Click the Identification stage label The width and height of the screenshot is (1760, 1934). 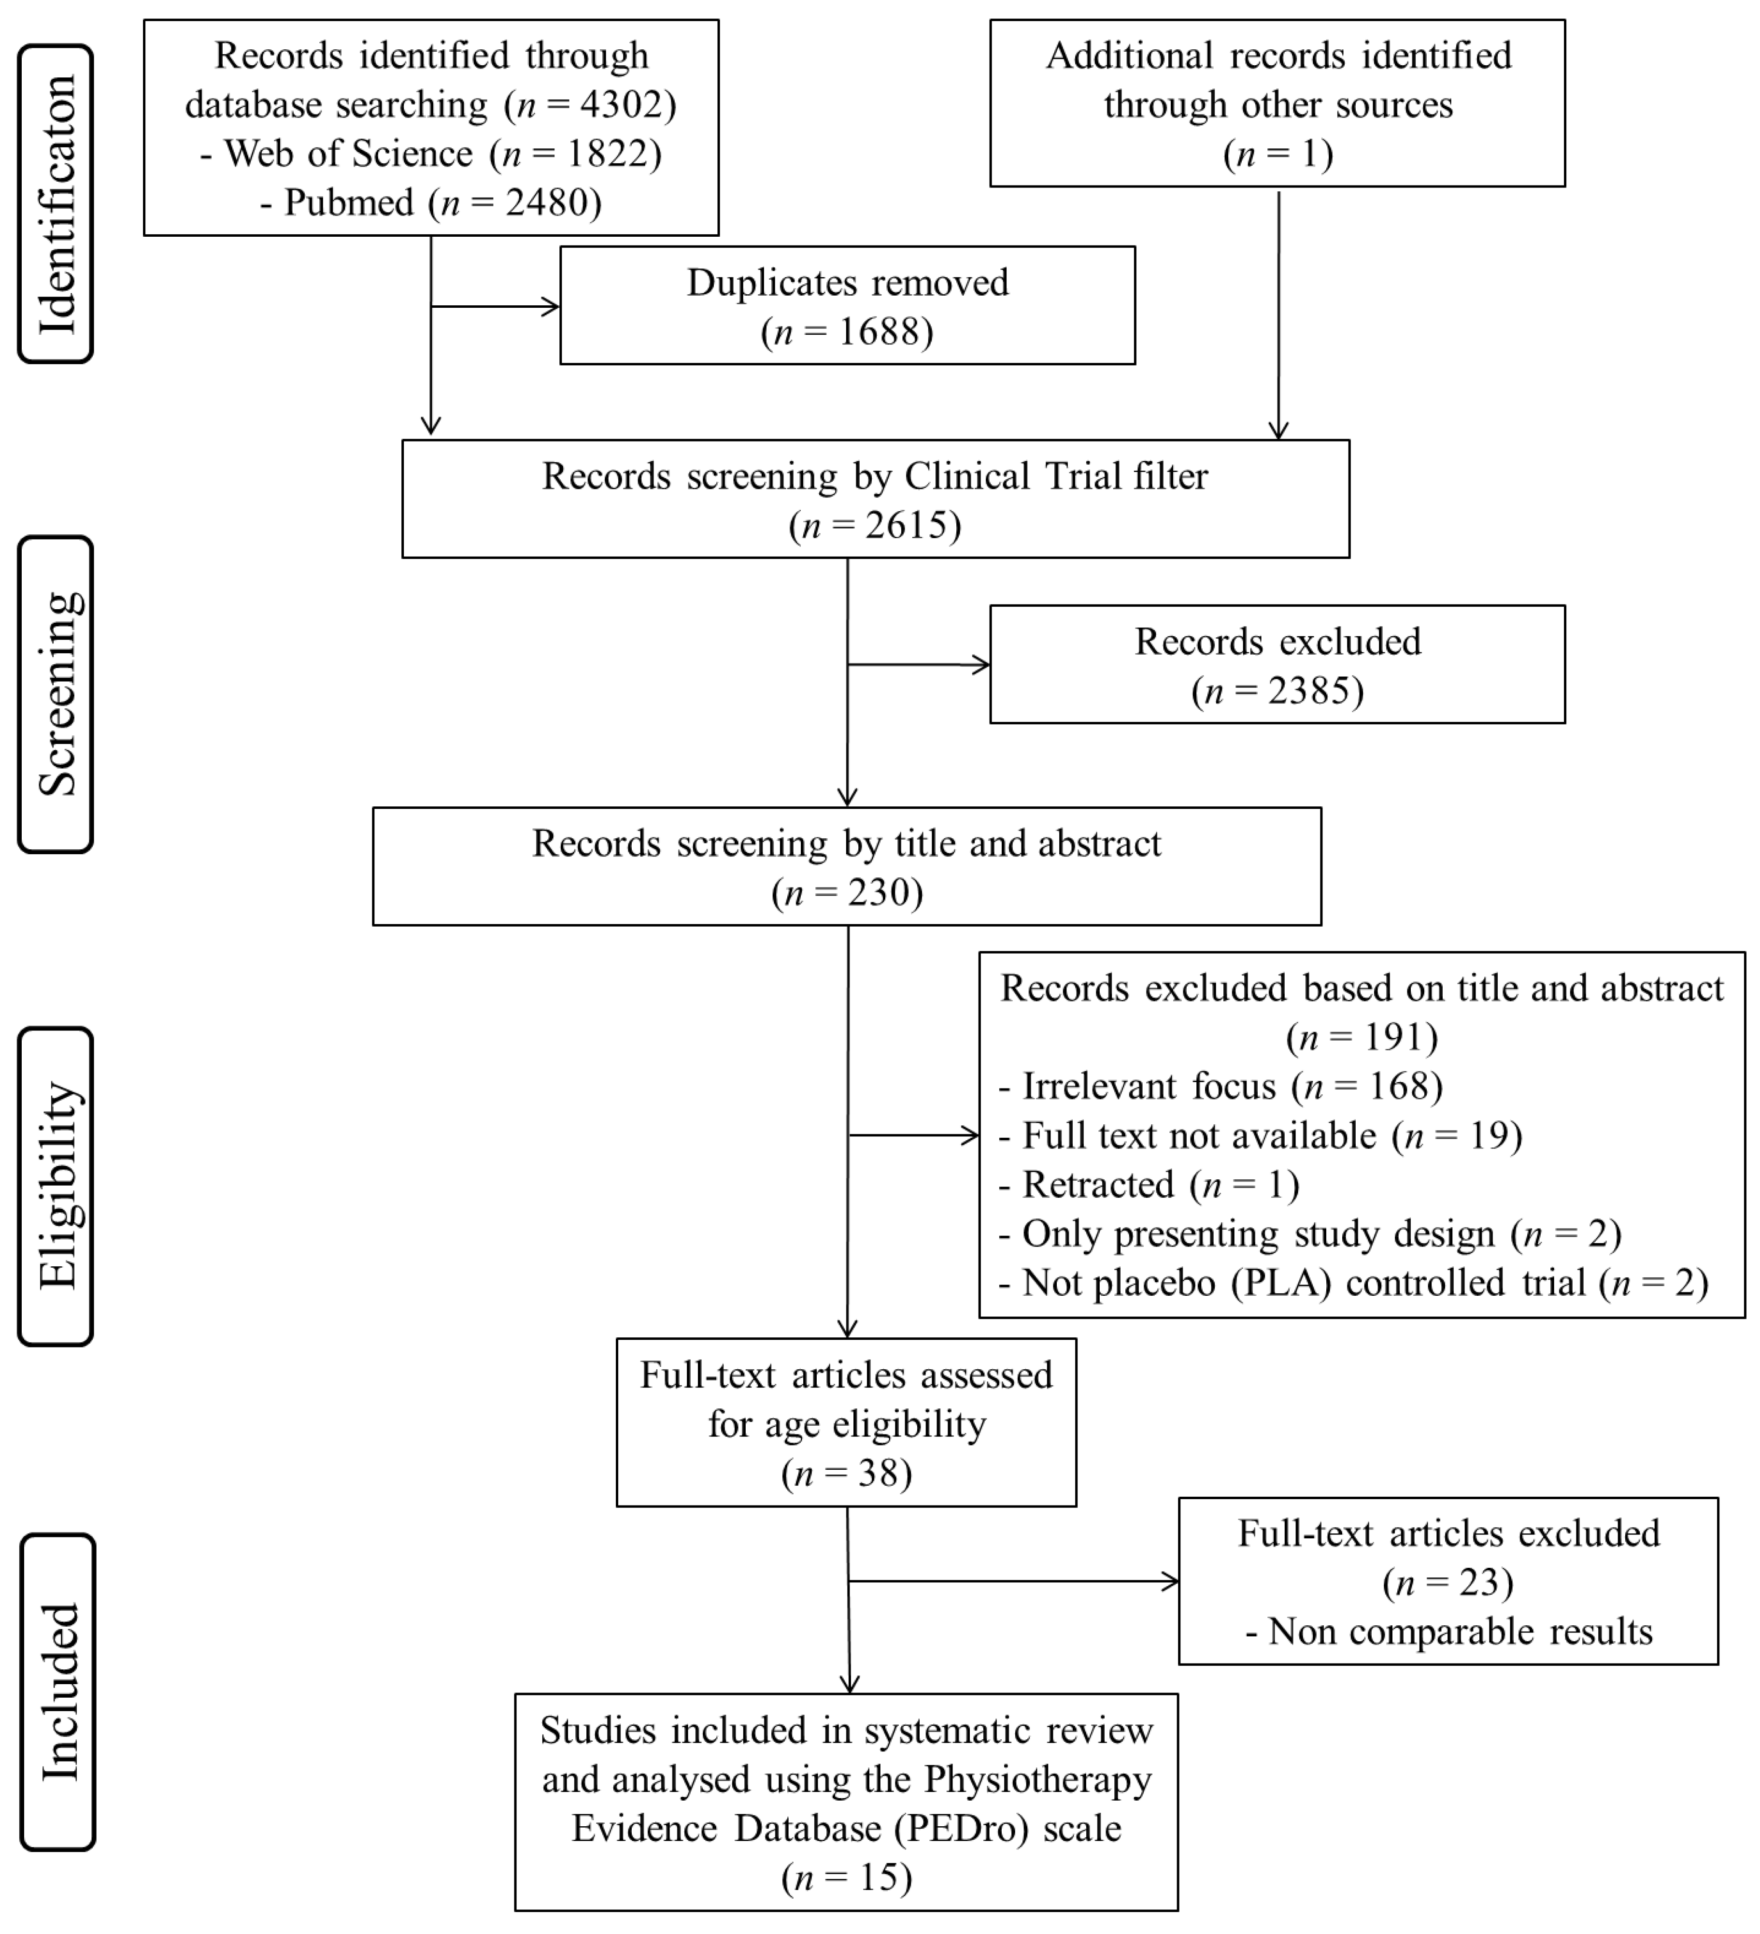click(x=56, y=203)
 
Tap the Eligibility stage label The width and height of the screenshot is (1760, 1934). click(x=56, y=1186)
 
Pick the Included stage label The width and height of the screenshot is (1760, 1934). click(x=57, y=1692)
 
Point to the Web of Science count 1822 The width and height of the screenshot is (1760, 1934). click(x=607, y=154)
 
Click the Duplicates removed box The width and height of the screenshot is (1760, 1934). click(x=847, y=305)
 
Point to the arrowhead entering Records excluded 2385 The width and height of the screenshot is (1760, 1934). click(x=982, y=665)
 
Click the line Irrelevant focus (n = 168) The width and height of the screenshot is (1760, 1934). click(x=1220, y=1087)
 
